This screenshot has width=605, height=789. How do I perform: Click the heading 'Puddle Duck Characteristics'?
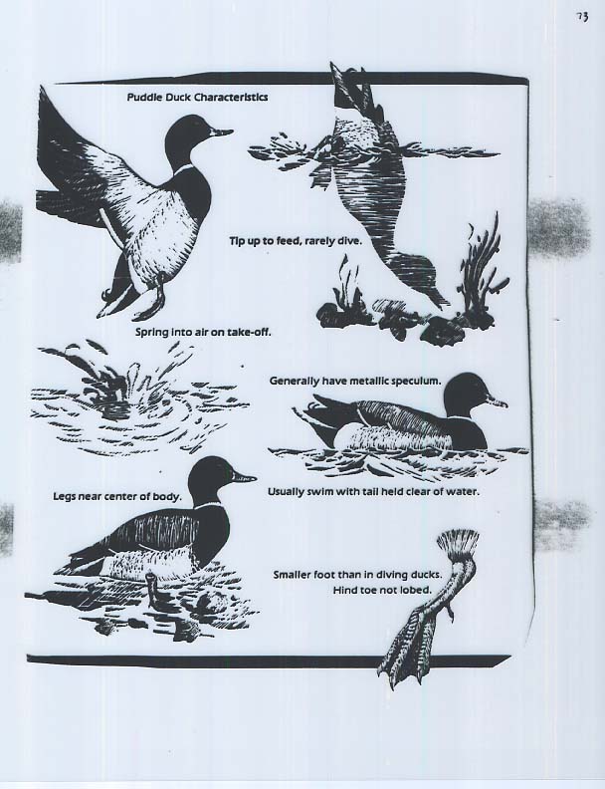click(197, 97)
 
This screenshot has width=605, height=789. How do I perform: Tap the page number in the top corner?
click(582, 17)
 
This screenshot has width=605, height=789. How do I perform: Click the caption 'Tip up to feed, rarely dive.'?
click(296, 241)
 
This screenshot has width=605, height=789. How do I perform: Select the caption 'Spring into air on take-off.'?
click(204, 333)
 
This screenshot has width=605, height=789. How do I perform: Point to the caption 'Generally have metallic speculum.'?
click(355, 381)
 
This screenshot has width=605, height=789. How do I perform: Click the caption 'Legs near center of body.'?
click(117, 497)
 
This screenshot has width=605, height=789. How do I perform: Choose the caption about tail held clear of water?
click(373, 491)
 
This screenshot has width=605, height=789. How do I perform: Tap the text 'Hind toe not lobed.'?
click(382, 590)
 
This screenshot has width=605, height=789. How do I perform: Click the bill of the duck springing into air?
click(221, 132)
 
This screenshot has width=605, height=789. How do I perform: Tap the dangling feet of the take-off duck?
click(135, 299)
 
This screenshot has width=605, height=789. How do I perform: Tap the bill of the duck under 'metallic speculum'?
click(498, 401)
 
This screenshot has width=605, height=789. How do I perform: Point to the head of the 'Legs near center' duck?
click(212, 479)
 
